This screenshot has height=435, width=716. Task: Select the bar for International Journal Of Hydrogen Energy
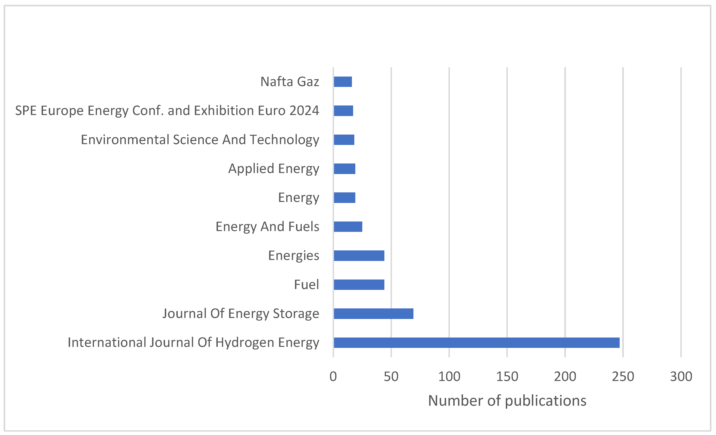pyautogui.click(x=476, y=342)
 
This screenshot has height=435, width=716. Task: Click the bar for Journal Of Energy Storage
pyautogui.click(x=373, y=314)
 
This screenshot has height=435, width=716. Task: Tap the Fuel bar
pyautogui.click(x=359, y=284)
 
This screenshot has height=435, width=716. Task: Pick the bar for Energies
pyautogui.click(x=359, y=255)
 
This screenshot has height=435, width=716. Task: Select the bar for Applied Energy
pyautogui.click(x=344, y=169)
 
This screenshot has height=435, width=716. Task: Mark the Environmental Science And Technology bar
pyautogui.click(x=344, y=140)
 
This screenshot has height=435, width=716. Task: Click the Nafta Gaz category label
pyautogui.click(x=289, y=82)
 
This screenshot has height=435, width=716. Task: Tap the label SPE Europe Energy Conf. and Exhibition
pyautogui.click(x=167, y=111)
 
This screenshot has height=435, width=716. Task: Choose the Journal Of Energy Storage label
pyautogui.click(x=241, y=314)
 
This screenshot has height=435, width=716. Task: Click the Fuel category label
pyautogui.click(x=306, y=284)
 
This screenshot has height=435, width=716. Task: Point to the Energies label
pyautogui.click(x=293, y=255)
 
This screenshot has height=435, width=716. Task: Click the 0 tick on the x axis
pyautogui.click(x=333, y=377)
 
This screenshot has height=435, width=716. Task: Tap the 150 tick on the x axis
pyautogui.click(x=507, y=377)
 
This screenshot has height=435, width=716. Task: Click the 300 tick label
pyautogui.click(x=681, y=377)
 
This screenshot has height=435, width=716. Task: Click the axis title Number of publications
pyautogui.click(x=507, y=401)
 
